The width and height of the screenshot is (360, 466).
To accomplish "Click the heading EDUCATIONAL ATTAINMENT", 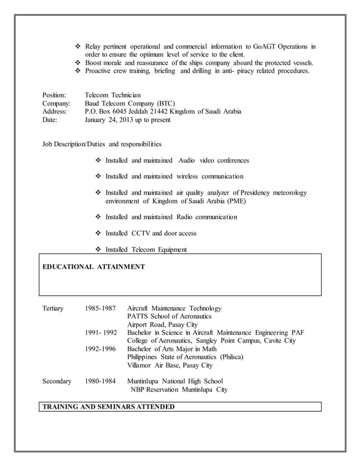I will pyautogui.click(x=94, y=266).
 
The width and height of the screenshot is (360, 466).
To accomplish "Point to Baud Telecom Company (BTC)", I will pyautogui.click(x=130, y=103).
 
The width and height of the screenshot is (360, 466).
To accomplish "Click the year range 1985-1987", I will pyautogui.click(x=100, y=309).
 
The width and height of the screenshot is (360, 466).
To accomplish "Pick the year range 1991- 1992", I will pyautogui.click(x=100, y=333).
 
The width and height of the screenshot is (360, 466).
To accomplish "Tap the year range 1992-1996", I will pyautogui.click(x=100, y=349).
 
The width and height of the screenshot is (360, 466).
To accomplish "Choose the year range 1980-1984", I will pyautogui.click(x=100, y=381).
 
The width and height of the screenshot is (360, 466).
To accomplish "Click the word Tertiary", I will pyautogui.click(x=53, y=309).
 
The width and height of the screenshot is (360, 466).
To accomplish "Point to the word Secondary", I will pyautogui.click(x=57, y=381).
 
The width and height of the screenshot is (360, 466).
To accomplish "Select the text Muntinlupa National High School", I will pyautogui.click(x=175, y=381).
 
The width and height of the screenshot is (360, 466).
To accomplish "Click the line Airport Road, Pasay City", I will pyautogui.click(x=163, y=325).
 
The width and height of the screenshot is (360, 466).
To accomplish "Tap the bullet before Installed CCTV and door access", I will pyautogui.click(x=99, y=233).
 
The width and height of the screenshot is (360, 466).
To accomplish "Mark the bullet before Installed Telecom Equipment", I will pyautogui.click(x=99, y=249).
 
